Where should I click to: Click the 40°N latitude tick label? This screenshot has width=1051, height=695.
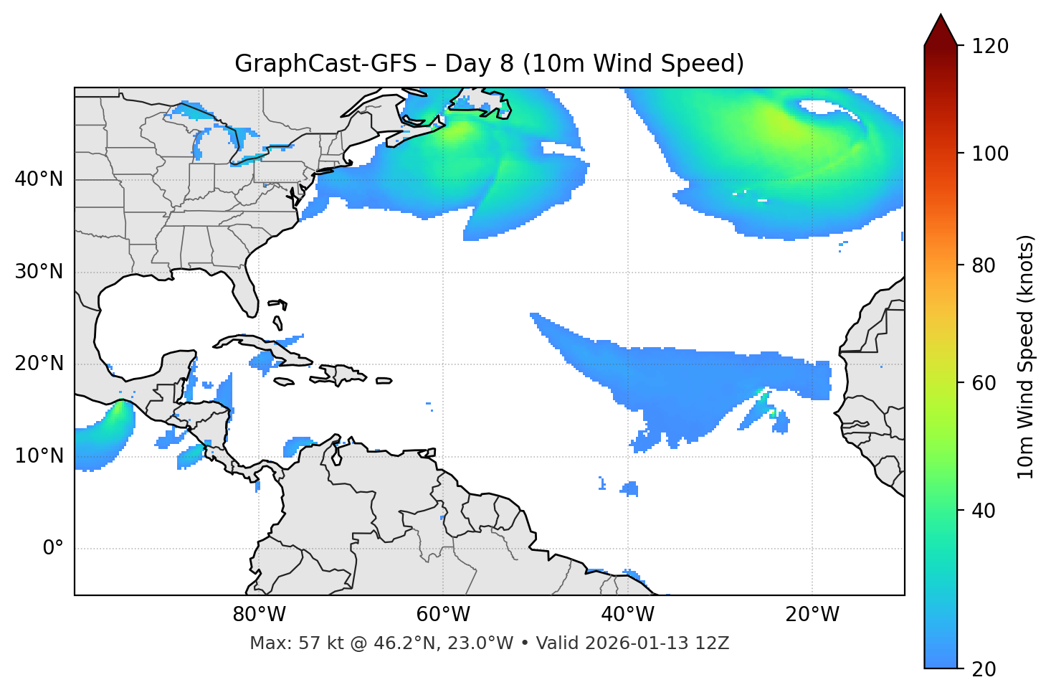[39, 179]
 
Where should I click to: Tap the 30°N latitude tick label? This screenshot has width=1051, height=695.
[39, 272]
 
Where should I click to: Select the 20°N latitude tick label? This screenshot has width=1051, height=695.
[39, 364]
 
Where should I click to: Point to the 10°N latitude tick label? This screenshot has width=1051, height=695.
[39, 456]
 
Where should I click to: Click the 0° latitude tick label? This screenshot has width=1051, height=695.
[53, 549]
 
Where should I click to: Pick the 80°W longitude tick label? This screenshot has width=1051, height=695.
[259, 615]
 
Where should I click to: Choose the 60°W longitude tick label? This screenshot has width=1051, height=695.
[443, 615]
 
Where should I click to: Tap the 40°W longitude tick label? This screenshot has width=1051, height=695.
[627, 615]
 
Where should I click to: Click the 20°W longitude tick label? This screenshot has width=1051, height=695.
[812, 615]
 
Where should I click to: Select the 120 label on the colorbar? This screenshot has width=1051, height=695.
[990, 47]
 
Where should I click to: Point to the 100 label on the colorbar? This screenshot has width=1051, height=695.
[990, 153]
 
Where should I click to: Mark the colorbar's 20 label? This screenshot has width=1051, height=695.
[984, 669]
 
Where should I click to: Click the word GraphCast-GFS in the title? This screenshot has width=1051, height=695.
[325, 64]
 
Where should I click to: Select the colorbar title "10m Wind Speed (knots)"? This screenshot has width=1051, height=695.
[1026, 356]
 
